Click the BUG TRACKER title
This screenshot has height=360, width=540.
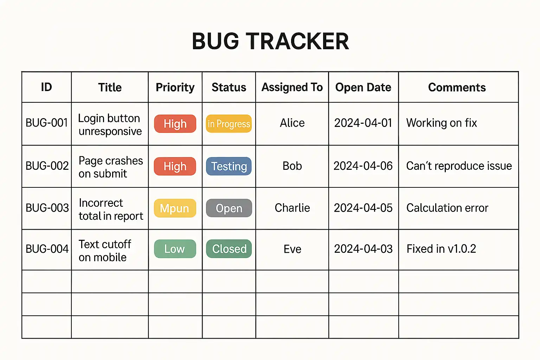pyautogui.click(x=270, y=41)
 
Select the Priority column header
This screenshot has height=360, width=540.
pyautogui.click(x=175, y=88)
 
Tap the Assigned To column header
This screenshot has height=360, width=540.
pyautogui.click(x=292, y=87)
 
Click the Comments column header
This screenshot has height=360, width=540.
pyautogui.click(x=457, y=87)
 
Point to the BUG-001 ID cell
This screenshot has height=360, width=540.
pyautogui.click(x=47, y=123)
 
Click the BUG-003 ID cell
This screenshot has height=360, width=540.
pyautogui.click(x=47, y=208)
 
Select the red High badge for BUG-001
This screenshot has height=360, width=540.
pyautogui.click(x=175, y=124)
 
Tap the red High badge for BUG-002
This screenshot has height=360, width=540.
pyautogui.click(x=175, y=166)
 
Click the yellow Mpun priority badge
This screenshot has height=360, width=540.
pyautogui.click(x=175, y=208)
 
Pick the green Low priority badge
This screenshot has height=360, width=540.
pyautogui.click(x=175, y=249)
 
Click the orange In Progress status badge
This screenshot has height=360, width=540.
pyautogui.click(x=229, y=124)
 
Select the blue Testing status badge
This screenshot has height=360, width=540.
pyautogui.click(x=229, y=166)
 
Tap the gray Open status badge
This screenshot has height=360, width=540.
pyautogui.click(x=229, y=208)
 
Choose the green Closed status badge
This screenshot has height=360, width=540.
pyautogui.click(x=229, y=249)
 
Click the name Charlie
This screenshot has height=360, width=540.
pyautogui.click(x=292, y=208)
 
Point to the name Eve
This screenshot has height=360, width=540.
pyautogui.click(x=292, y=249)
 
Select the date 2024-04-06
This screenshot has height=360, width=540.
pyautogui.click(x=363, y=166)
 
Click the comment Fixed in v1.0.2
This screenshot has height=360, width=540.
pyautogui.click(x=441, y=249)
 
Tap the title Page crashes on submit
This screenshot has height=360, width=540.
pyautogui.click(x=111, y=167)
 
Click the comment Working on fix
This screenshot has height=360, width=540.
pyautogui.click(x=442, y=123)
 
